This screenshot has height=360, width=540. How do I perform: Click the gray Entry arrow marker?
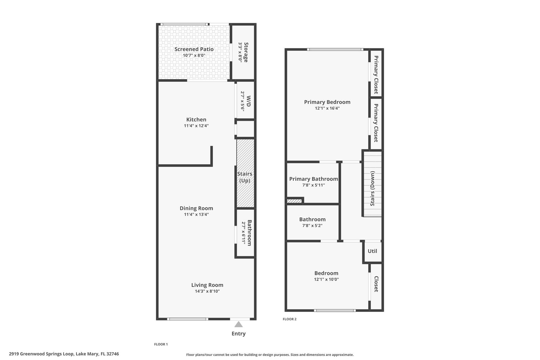coord(238,324)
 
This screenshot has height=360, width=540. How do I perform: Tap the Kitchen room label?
coord(196,119)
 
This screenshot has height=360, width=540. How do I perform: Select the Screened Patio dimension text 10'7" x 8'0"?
coord(194,55)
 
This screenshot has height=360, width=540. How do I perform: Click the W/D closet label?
coord(248,101)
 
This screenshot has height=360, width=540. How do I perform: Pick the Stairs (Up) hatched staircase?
coord(245,173)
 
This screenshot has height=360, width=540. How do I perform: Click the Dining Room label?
coord(196,208)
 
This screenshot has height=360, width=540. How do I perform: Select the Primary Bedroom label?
coord(327,102)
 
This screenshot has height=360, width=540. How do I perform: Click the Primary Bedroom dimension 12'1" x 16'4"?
coord(327,108)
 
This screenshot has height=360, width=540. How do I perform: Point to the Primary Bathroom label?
coord(314,179)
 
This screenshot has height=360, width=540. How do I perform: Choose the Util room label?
coord(372,251)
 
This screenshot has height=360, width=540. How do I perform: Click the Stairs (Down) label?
coord(373,188)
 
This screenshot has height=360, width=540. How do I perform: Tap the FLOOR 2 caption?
coord(290,319)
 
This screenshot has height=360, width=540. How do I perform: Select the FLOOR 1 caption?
coord(161,344)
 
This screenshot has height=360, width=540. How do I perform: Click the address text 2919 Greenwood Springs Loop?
coord(41,354)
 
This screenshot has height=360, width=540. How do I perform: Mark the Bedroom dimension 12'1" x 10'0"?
coord(326,279)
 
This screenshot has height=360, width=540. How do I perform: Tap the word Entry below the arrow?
coord(239,334)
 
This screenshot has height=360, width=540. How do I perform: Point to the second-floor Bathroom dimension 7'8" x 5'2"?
coord(312,225)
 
